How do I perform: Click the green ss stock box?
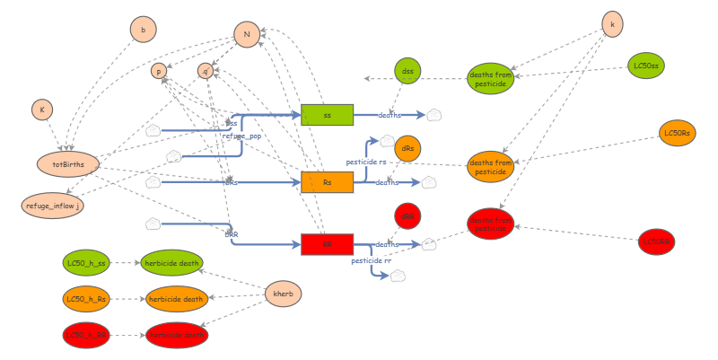[x=327, y=115]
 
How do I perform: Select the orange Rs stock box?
[x=327, y=182]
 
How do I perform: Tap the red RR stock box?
[x=327, y=244]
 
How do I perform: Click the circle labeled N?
[x=247, y=35]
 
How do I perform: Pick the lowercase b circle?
[x=143, y=30]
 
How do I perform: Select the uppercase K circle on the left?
[x=40, y=110]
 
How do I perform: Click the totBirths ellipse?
[x=67, y=164]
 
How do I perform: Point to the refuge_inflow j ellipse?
[x=52, y=205]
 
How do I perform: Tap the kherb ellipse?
[x=283, y=294]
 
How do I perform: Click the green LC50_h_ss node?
[x=86, y=263]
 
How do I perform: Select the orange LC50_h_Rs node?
[x=86, y=299]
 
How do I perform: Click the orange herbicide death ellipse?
[x=176, y=299]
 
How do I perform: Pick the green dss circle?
[x=407, y=71]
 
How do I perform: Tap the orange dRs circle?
[x=407, y=148]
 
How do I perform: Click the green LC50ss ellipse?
[x=645, y=66]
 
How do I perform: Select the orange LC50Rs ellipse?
[x=677, y=133]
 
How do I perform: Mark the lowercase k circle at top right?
[x=612, y=25]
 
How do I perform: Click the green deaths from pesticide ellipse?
[x=491, y=79]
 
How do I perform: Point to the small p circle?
[x=159, y=71]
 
